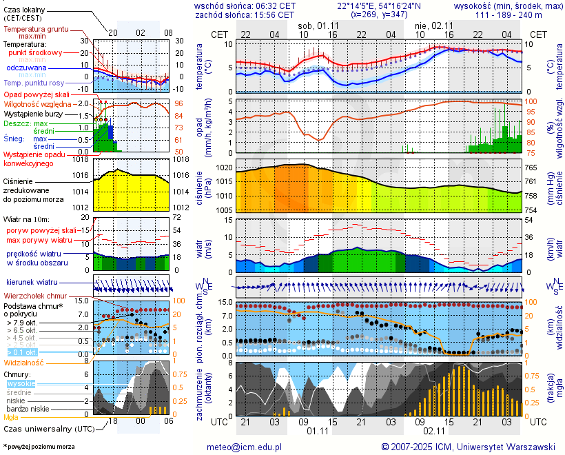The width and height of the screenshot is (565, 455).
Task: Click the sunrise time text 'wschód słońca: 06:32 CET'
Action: [245, 6]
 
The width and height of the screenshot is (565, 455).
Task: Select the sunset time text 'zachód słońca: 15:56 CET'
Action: [245, 14]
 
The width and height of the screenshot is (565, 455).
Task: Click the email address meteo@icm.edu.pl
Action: [245, 447]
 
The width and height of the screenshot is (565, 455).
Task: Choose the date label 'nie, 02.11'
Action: [432, 26]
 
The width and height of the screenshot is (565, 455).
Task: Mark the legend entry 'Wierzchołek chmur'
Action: [34, 296]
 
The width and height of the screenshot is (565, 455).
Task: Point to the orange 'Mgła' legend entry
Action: [11, 417]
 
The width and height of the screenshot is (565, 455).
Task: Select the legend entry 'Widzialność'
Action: [24, 362]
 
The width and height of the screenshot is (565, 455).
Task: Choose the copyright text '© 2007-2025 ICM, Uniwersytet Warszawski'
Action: [468, 447]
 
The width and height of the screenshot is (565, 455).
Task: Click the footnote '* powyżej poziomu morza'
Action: [39, 447]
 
